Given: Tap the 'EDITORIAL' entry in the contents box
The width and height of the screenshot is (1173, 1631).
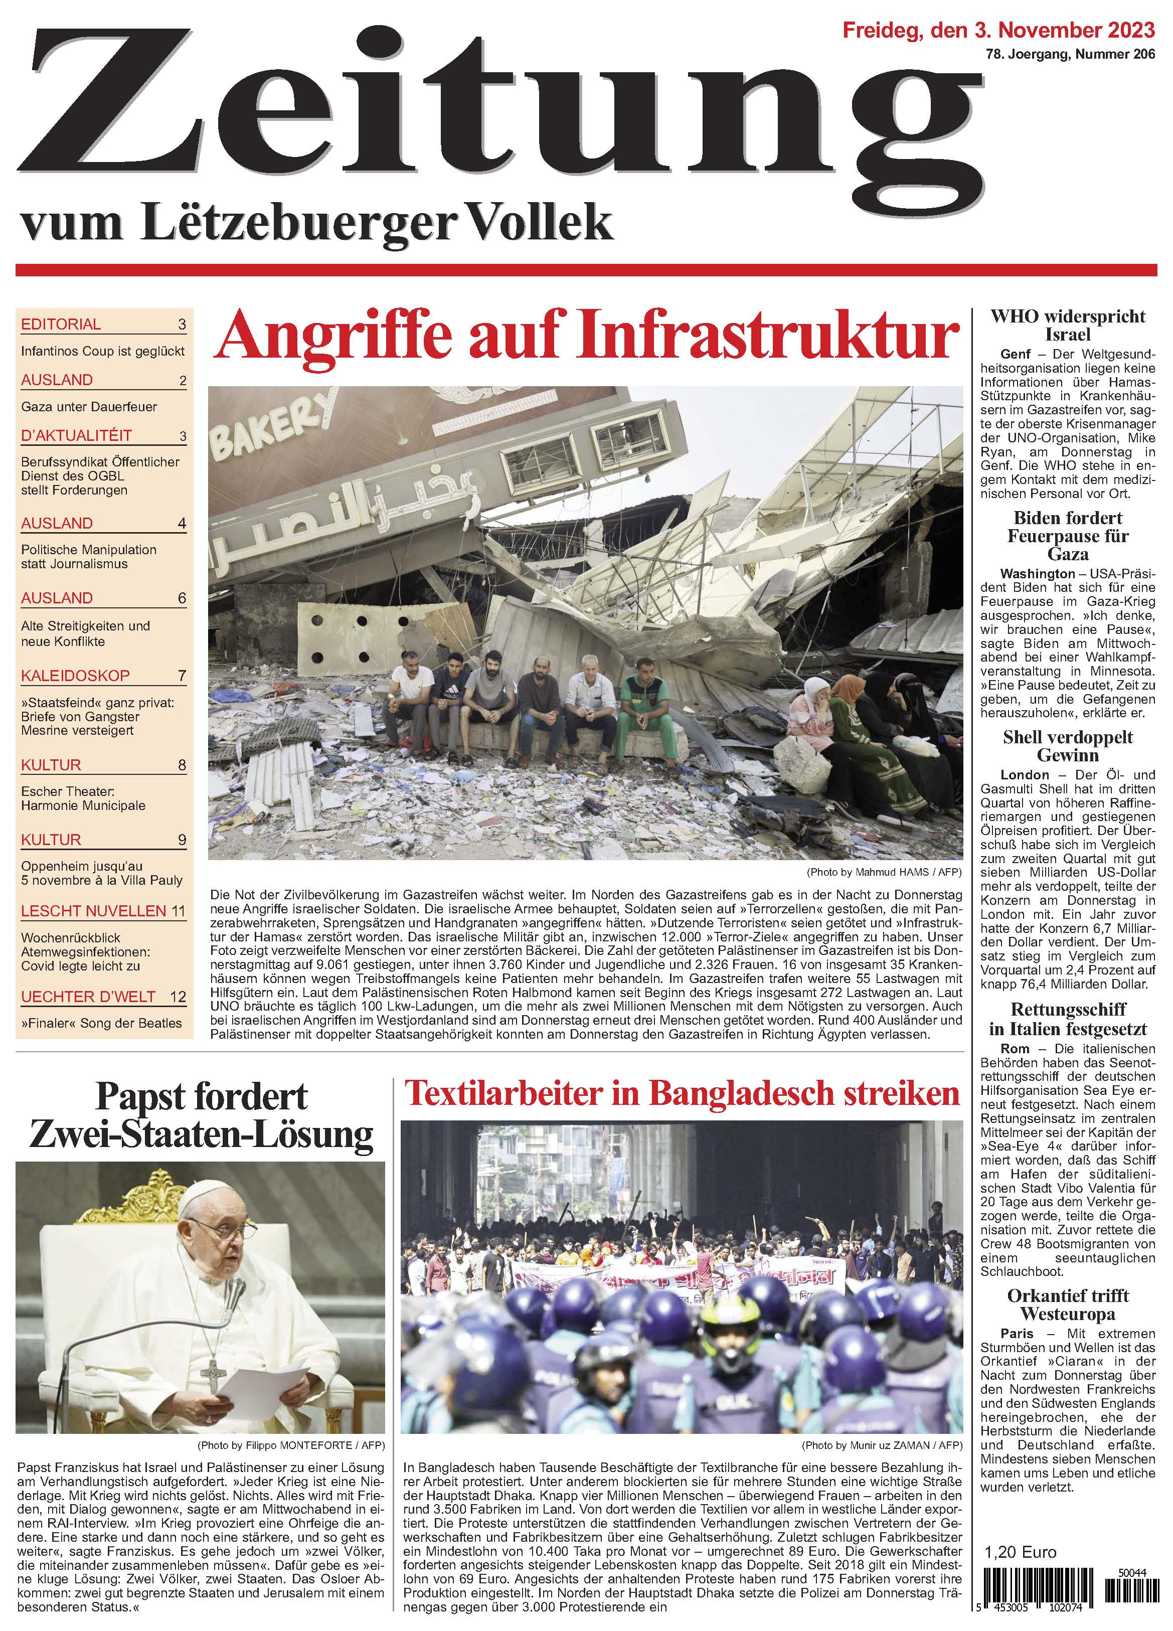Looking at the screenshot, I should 61,324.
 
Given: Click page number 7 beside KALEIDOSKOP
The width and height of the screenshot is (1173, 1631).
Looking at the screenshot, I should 182,676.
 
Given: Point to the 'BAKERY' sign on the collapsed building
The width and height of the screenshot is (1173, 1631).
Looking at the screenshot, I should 276,426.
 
